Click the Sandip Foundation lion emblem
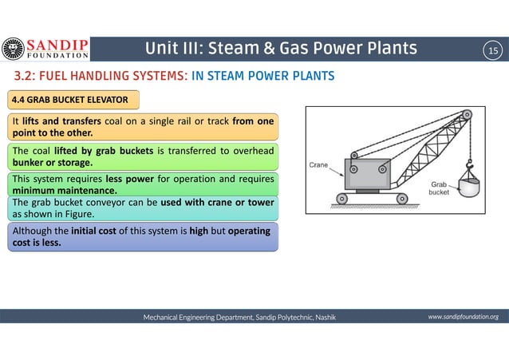(x=13, y=49)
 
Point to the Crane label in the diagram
(x=320, y=164)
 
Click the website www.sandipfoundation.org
(x=463, y=317)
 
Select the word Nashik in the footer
(x=325, y=318)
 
